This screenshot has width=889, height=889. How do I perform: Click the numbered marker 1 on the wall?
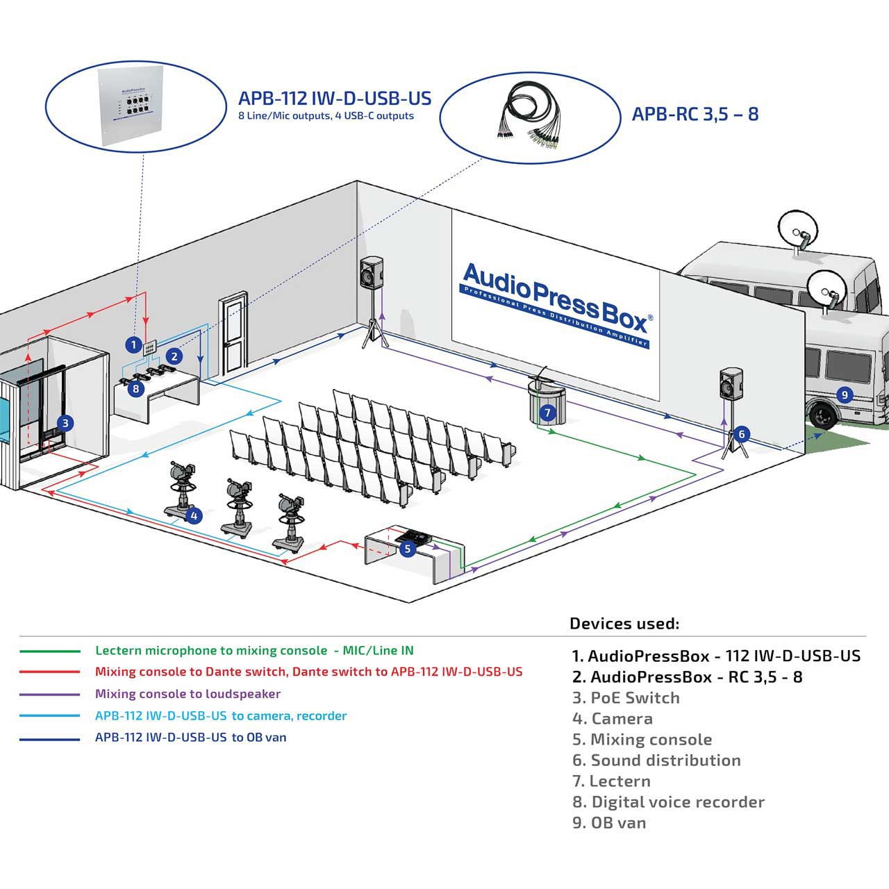(x=134, y=344)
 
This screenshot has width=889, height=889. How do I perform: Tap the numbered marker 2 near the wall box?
(x=174, y=356)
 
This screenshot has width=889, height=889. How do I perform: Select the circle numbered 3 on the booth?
(x=65, y=423)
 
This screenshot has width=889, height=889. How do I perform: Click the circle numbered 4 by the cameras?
(x=194, y=515)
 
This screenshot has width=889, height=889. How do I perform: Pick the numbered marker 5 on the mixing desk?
(x=408, y=549)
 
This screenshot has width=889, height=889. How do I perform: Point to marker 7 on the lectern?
(x=547, y=412)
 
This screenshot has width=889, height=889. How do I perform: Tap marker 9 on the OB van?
(x=845, y=395)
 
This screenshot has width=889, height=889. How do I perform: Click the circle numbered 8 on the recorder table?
(x=135, y=389)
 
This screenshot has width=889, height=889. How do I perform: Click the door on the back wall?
(x=233, y=335)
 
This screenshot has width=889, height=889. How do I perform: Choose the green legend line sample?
(x=50, y=651)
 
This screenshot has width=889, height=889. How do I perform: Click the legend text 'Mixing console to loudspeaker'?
(x=188, y=694)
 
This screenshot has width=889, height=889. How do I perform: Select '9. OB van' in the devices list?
(x=609, y=822)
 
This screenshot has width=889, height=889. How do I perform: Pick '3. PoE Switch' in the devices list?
(x=626, y=697)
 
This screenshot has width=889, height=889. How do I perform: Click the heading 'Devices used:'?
(x=624, y=623)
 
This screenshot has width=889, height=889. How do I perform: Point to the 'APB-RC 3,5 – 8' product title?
(x=695, y=114)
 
